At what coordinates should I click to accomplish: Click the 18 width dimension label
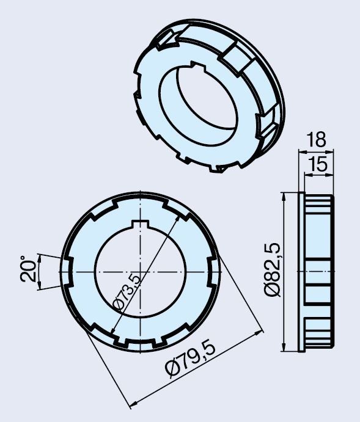click(x=316, y=139)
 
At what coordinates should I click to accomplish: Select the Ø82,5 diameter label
click(x=273, y=270)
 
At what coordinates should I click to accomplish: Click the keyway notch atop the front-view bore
click(x=140, y=224)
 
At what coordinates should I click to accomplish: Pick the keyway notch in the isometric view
click(x=196, y=65)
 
